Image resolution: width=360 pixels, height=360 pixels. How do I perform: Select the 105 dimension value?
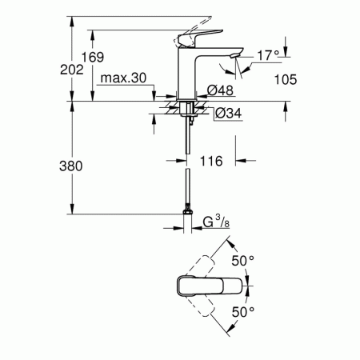click(x=284, y=78)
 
